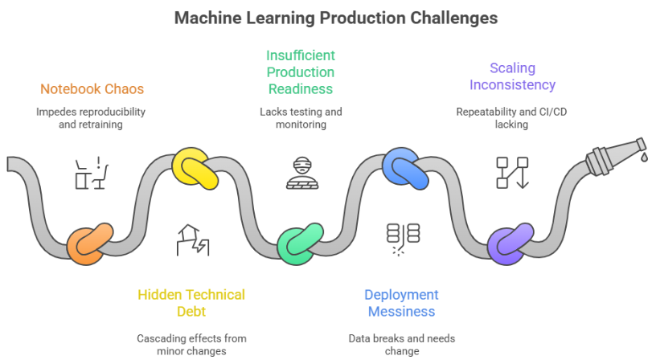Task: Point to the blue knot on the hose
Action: (x=405, y=168)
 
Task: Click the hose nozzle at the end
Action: (x=615, y=156)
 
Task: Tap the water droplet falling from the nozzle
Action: (x=644, y=157)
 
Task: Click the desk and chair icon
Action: (x=92, y=173)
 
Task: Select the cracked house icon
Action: (x=193, y=240)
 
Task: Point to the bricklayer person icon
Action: (x=302, y=173)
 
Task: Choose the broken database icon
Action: (x=403, y=239)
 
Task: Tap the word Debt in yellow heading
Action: (x=191, y=312)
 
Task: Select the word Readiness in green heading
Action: (x=301, y=89)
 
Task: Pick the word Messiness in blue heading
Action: (x=402, y=312)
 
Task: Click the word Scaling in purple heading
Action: (x=513, y=68)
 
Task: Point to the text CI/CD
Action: (x=552, y=112)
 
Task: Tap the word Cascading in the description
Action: (x=158, y=338)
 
